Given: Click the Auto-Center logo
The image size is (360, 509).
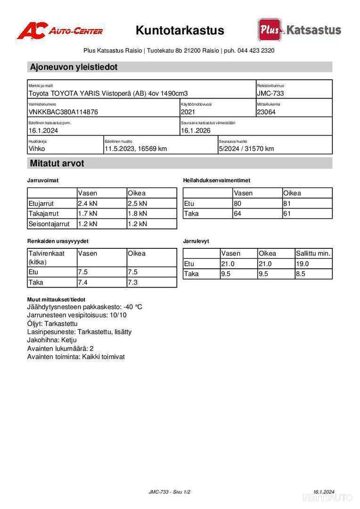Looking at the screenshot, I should [x=60, y=31].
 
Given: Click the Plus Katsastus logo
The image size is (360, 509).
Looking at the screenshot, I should [x=299, y=30].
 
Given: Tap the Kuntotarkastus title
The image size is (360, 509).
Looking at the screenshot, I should [x=180, y=31].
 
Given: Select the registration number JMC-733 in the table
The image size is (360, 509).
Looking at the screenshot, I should [x=270, y=93].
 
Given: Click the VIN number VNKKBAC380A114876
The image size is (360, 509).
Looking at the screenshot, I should [x=64, y=112].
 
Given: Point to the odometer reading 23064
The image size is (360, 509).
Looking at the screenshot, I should [x=266, y=112].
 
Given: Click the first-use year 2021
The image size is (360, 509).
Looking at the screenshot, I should [x=188, y=112].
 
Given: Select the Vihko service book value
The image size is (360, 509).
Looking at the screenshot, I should [x=37, y=148].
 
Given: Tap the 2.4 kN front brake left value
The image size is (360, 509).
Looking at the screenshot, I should [x=88, y=204].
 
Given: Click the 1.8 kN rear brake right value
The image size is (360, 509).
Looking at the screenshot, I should [x=137, y=213].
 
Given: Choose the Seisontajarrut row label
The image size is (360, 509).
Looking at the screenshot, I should [x=49, y=224].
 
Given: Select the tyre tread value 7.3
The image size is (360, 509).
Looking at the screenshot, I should [x=133, y=282].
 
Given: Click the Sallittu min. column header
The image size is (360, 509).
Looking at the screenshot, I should [x=313, y=253].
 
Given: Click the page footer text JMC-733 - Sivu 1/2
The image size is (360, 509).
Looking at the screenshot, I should [x=170, y=492].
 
